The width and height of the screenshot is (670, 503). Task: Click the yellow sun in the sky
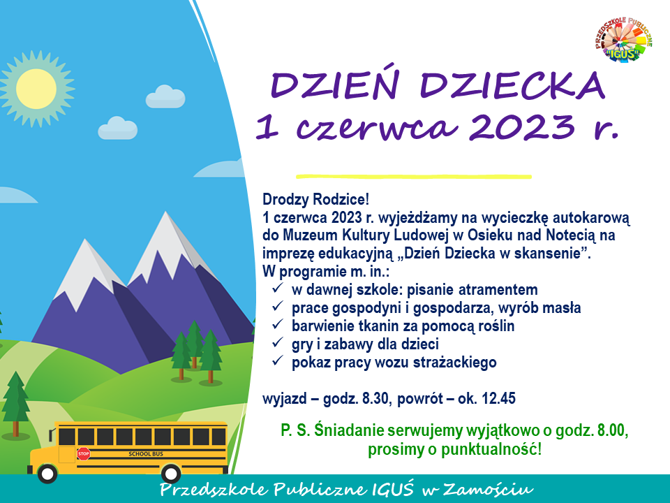(37, 89)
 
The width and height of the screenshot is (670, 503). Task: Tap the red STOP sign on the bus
(84, 454)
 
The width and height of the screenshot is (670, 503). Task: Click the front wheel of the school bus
(47, 474)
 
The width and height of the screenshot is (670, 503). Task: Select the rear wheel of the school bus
(171, 474)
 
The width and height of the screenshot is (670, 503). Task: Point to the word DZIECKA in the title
(513, 85)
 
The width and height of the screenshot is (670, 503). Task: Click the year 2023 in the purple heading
(523, 126)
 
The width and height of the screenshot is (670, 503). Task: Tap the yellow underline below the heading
(414, 176)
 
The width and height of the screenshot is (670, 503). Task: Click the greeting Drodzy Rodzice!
(315, 199)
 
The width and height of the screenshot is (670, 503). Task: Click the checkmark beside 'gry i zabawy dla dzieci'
(278, 342)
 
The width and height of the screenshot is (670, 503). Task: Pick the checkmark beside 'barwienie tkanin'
(278, 325)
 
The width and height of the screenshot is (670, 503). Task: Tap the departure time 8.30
(375, 399)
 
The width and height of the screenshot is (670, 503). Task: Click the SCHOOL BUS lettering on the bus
(146, 454)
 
